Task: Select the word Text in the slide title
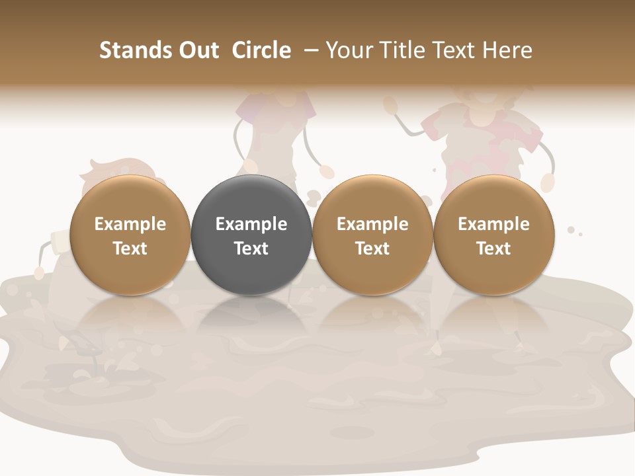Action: [x=453, y=50]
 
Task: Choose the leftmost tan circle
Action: [x=130, y=271]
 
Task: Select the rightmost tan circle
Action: [x=493, y=271]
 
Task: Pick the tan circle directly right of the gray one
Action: [x=372, y=271]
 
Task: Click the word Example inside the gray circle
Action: [x=251, y=224]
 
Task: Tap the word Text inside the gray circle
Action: [x=251, y=249]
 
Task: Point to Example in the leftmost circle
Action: [x=130, y=224]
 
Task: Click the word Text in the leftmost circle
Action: [x=130, y=249]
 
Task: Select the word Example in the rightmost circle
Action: [x=493, y=224]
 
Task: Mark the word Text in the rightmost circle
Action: [x=493, y=249]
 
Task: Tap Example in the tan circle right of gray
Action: [x=372, y=224]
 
